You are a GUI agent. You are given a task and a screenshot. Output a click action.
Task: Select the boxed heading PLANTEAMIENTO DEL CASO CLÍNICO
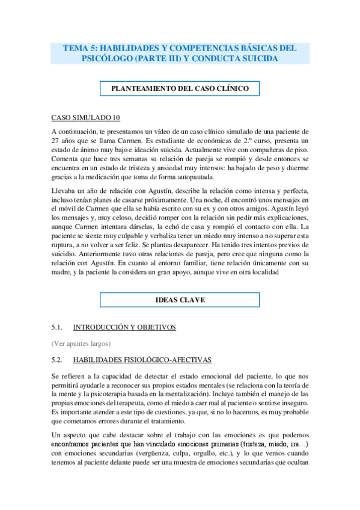pos(180,88)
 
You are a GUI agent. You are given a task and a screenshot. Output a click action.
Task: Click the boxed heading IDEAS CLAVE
pos(180,299)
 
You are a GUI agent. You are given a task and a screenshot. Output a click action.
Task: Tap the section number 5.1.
pos(58,327)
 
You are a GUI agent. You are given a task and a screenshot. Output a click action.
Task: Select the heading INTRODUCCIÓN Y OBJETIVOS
pos(124,327)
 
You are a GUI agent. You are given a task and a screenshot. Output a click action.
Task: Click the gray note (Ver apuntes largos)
pos(81,343)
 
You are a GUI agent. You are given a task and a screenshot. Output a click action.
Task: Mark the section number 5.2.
pos(58,360)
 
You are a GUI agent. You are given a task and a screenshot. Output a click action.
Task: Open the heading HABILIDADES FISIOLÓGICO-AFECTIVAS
pos(142,360)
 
